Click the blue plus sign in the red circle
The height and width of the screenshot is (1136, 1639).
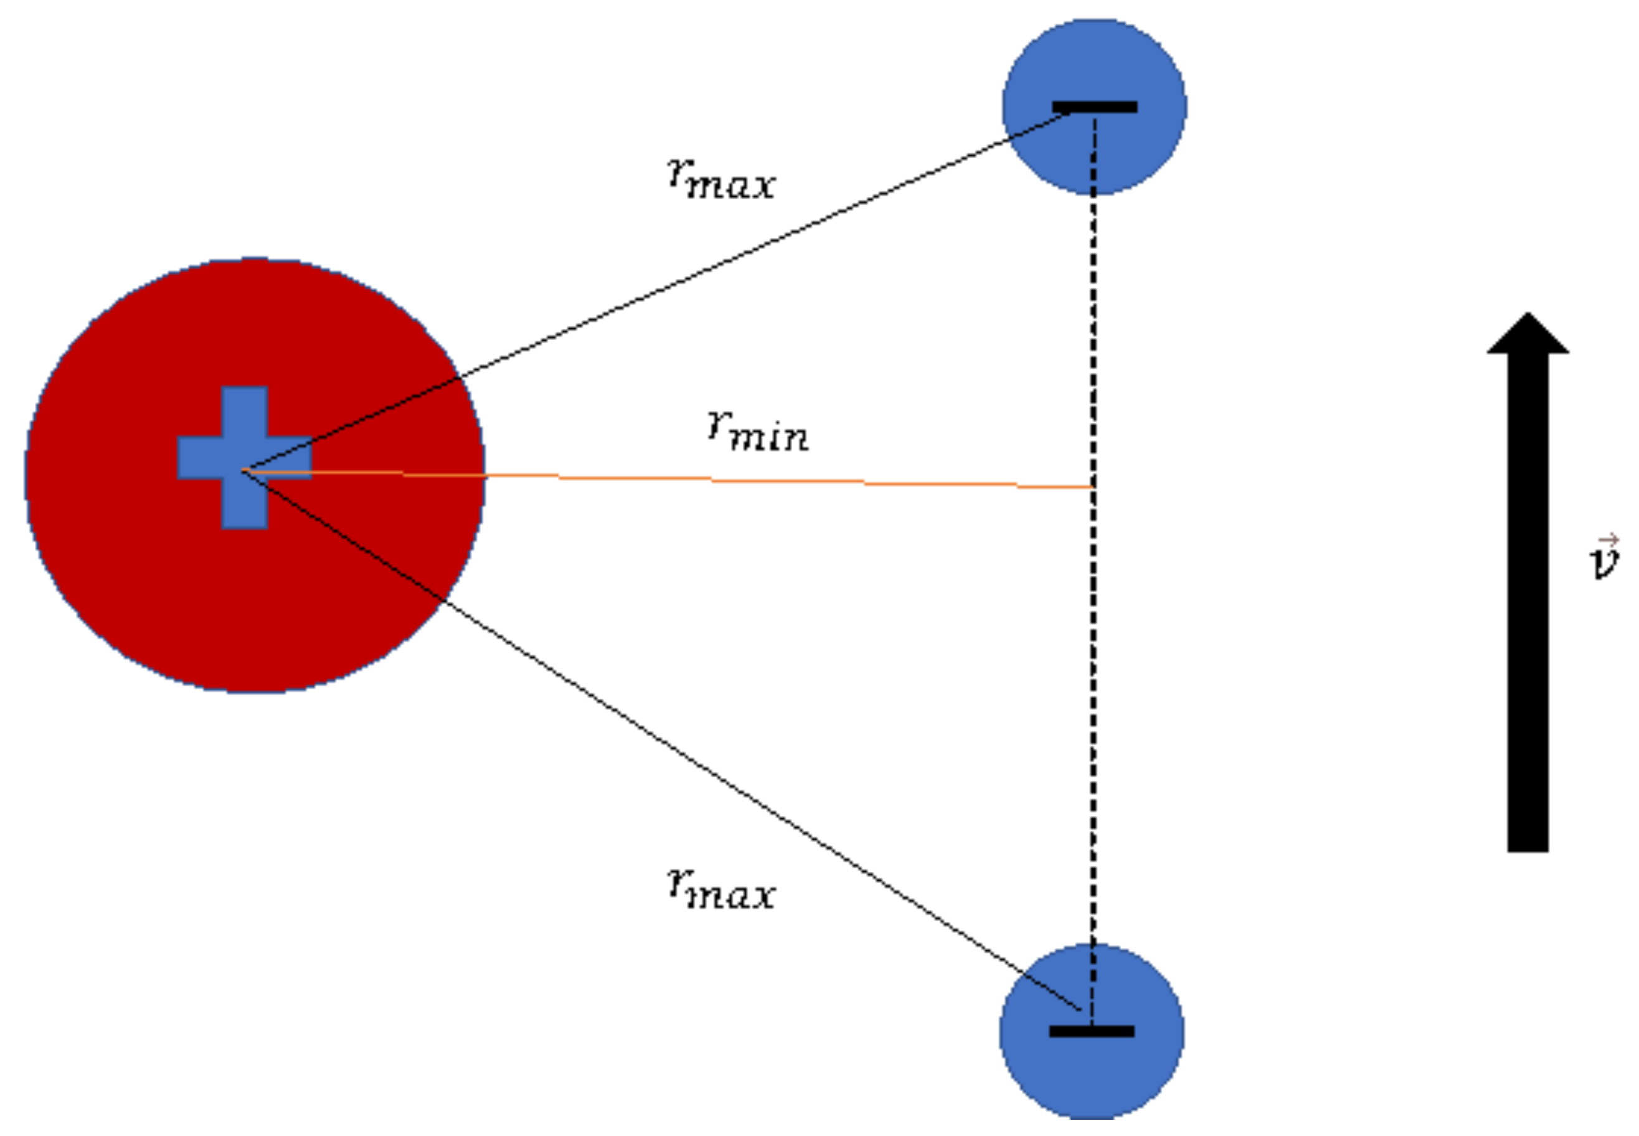[x=244, y=458]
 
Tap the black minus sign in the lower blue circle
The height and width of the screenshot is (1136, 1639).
[x=1092, y=1031]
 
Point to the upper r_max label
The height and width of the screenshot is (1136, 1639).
[x=720, y=178]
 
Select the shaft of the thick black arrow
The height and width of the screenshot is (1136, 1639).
[x=1528, y=605]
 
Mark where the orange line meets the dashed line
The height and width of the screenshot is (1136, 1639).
[x=1093, y=487]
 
